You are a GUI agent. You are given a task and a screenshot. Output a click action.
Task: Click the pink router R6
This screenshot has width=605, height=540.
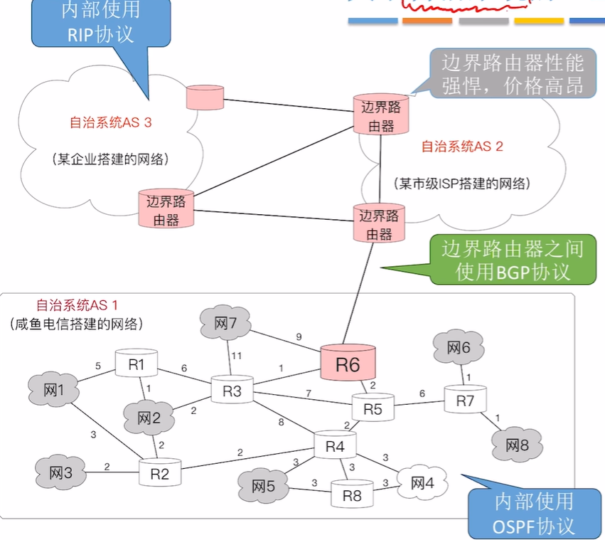(348, 364)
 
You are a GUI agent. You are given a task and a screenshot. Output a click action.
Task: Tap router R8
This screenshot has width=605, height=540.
(352, 494)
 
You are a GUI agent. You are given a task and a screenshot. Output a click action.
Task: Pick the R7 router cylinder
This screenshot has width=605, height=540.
(465, 401)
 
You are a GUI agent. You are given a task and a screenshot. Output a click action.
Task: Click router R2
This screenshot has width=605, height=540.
(160, 473)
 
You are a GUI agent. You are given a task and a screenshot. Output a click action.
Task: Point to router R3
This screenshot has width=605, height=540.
(232, 391)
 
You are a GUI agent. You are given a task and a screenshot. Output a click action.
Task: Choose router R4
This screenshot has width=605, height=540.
(335, 446)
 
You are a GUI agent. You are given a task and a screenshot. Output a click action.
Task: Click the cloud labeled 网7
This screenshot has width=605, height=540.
(225, 324)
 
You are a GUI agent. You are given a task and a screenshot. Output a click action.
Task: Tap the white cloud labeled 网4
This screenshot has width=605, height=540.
(422, 484)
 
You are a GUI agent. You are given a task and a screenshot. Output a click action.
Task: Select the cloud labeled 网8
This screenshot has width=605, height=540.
(517, 445)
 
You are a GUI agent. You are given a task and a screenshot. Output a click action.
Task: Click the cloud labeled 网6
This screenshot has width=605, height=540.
(459, 349)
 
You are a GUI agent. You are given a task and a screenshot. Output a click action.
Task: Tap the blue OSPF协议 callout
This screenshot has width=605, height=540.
(532, 514)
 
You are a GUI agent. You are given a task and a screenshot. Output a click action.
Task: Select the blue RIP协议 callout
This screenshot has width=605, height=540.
(100, 23)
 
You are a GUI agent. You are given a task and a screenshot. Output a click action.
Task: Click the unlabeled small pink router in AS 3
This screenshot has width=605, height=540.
(205, 97)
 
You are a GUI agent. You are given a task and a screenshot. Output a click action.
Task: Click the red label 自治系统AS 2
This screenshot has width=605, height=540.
(462, 147)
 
